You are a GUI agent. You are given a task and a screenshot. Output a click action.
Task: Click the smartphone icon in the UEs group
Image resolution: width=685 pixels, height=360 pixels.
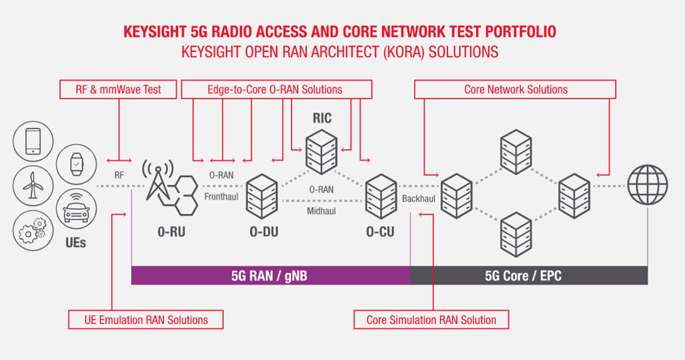[33, 141]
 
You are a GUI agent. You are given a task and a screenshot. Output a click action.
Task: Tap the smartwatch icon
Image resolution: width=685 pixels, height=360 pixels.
[76, 165]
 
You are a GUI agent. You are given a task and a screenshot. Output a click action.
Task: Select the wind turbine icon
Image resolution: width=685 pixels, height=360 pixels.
[33, 186]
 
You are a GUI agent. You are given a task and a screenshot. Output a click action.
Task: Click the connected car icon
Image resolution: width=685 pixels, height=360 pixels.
[76, 209]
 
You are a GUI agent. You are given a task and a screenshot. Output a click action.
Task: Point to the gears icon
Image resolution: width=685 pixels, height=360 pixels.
[33, 230]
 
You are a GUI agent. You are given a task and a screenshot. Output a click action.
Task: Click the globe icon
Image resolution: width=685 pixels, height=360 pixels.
[648, 185]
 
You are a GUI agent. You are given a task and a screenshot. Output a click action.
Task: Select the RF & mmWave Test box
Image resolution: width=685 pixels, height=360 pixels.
[118, 89]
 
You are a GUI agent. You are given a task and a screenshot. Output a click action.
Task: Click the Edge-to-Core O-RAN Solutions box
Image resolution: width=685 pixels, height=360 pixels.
[277, 89]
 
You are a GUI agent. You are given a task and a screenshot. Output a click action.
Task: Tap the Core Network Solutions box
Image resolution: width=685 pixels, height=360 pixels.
[515, 89]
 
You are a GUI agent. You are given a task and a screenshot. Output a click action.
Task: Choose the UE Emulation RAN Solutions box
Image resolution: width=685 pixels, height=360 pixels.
[146, 320]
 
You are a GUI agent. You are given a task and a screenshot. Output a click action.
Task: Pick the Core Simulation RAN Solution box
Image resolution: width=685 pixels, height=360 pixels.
[431, 320]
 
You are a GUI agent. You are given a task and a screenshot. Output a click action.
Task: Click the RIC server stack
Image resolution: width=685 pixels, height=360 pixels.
[321, 152]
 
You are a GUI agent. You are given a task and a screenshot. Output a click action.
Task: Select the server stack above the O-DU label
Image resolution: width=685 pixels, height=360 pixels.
[262, 197]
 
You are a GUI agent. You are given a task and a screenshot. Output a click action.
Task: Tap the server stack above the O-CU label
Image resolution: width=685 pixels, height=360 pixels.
[381, 197]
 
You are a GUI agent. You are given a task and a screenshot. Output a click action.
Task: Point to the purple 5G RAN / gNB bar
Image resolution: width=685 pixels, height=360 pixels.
[271, 276]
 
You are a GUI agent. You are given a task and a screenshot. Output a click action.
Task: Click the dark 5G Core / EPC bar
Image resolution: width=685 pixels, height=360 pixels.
[529, 276]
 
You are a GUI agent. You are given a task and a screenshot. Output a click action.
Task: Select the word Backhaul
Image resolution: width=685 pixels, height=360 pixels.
[418, 199]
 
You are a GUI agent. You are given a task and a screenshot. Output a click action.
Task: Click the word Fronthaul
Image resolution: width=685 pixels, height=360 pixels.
[221, 197]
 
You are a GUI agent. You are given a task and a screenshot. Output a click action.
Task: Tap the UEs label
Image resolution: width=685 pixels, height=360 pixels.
[76, 243]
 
